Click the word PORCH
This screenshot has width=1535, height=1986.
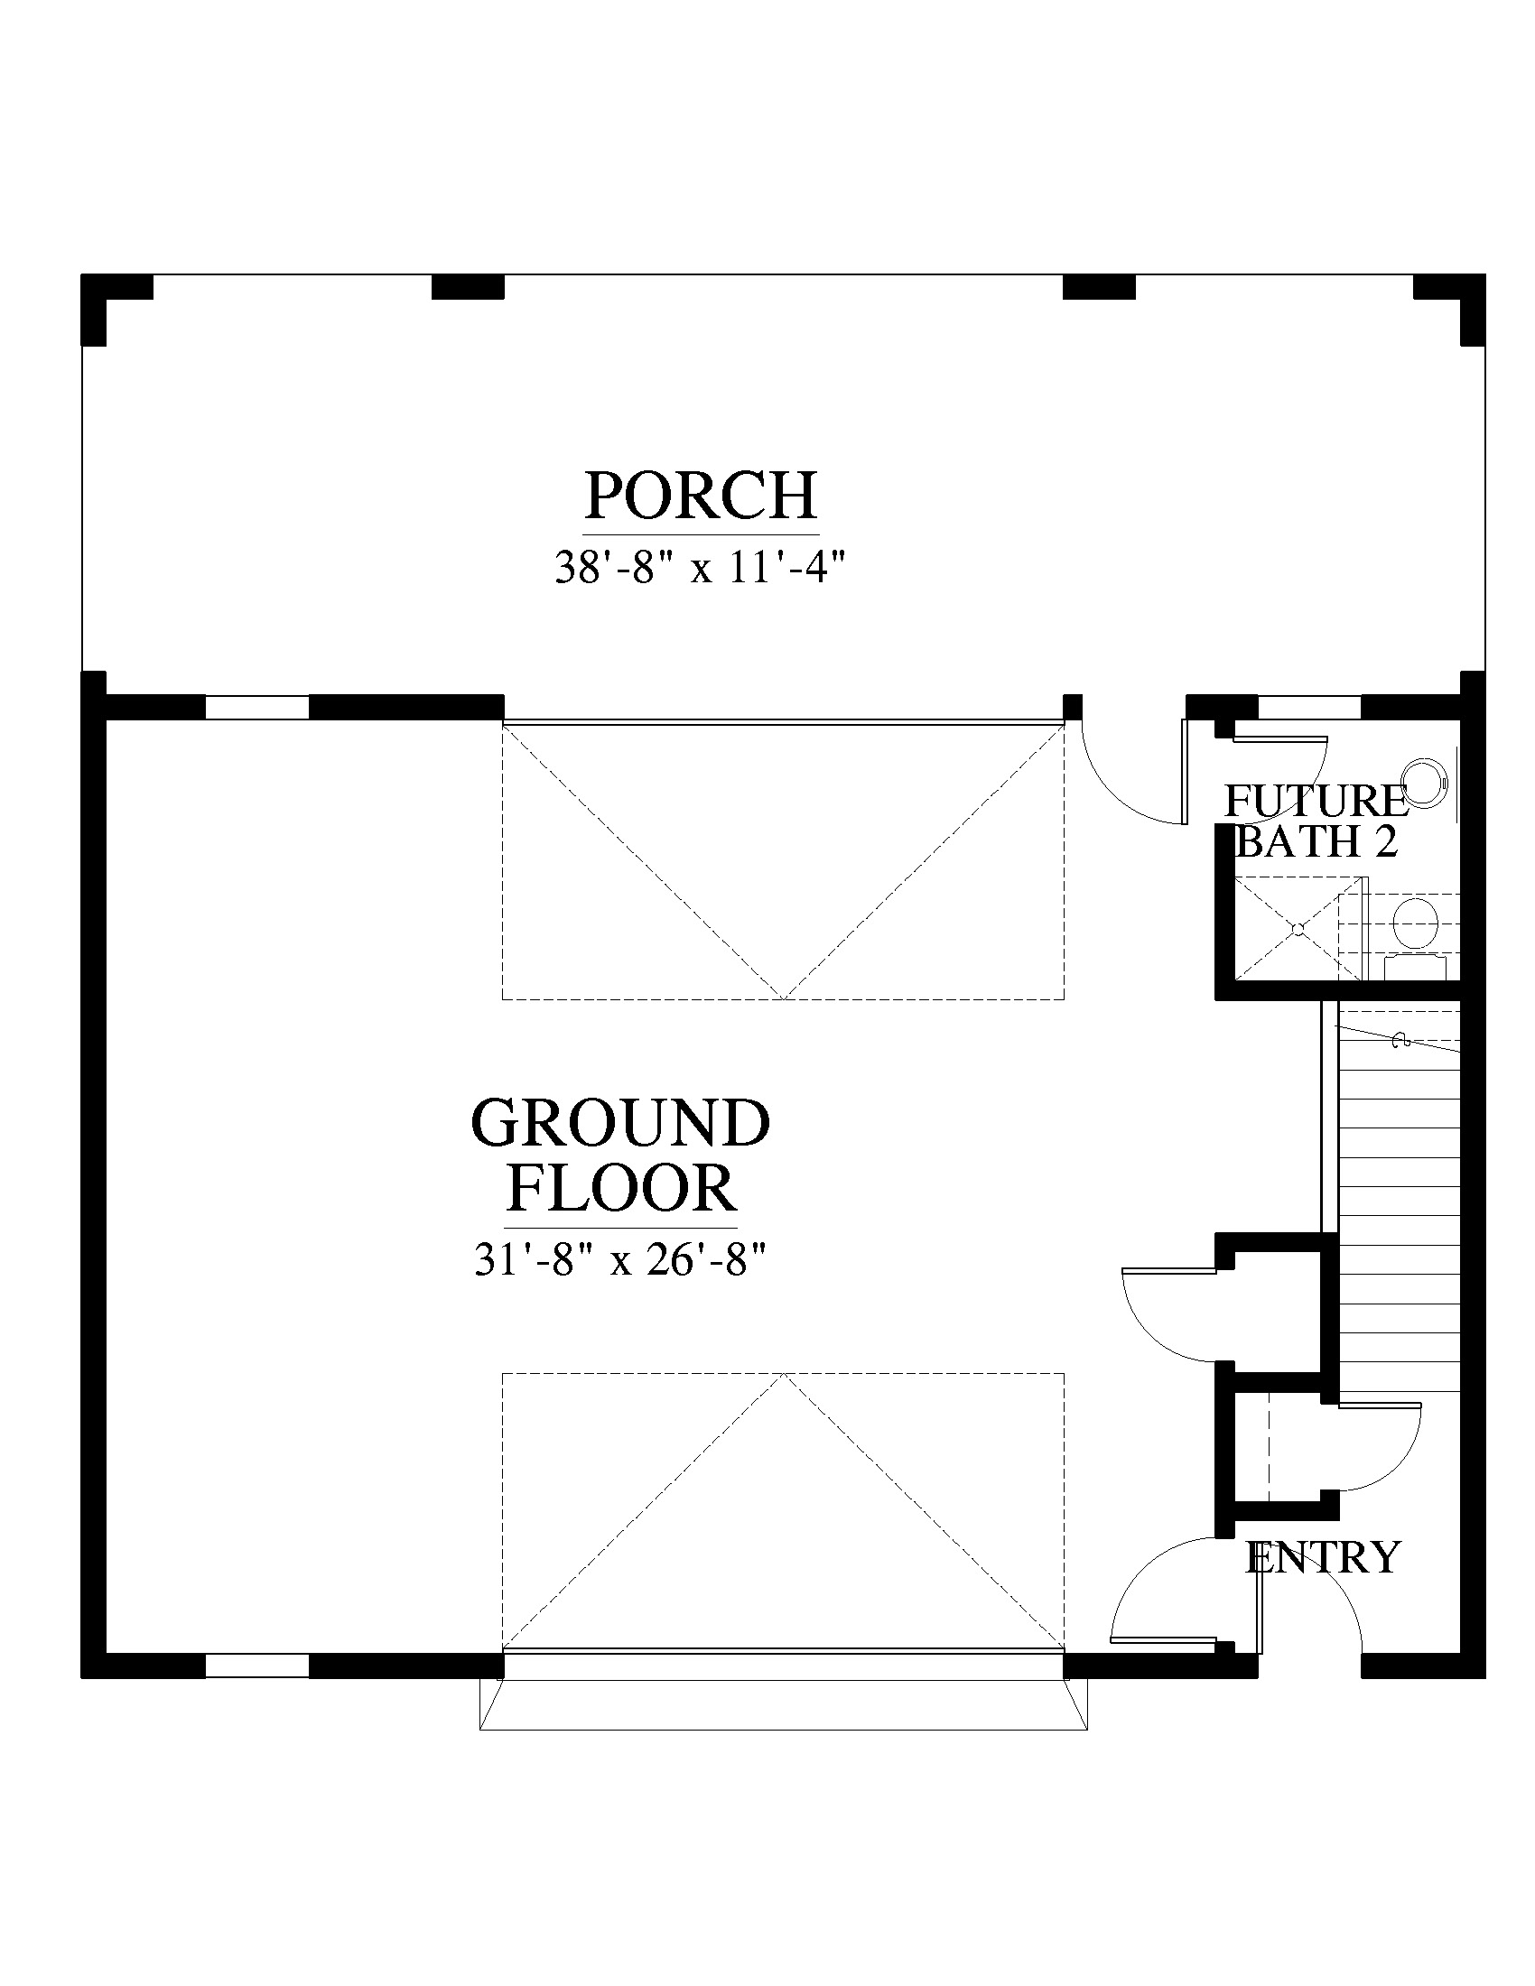(700, 496)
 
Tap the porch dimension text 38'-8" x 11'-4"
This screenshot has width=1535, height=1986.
(700, 570)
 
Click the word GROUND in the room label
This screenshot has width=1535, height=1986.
(621, 1123)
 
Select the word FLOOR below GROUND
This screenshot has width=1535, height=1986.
(621, 1188)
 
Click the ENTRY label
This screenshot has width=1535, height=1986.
(1322, 1557)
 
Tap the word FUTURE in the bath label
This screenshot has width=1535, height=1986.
(1316, 801)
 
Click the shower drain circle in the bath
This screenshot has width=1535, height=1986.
(1299, 928)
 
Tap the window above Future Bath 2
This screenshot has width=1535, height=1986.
(1309, 707)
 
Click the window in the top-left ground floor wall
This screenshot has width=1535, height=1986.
(257, 707)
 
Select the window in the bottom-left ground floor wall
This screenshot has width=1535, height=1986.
(257, 1665)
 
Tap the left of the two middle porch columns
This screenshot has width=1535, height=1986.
(468, 286)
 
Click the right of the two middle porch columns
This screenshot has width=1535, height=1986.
(1099, 286)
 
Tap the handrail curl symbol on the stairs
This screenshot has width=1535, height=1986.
(1401, 1039)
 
